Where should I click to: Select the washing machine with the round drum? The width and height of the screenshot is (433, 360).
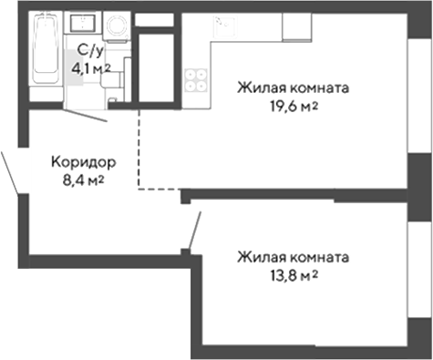(x=116, y=27)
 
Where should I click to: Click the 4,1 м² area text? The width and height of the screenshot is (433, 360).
(x=91, y=67)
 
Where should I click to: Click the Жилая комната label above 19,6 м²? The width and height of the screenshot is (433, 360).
(x=293, y=88)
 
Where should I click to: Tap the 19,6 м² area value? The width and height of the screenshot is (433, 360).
(x=293, y=107)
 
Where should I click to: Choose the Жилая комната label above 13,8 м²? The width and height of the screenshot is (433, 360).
(x=293, y=257)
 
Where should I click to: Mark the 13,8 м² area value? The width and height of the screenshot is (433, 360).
(x=293, y=274)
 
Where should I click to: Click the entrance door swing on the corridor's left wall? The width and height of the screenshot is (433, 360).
(x=14, y=169)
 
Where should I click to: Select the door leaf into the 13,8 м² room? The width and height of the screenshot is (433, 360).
(x=193, y=228)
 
